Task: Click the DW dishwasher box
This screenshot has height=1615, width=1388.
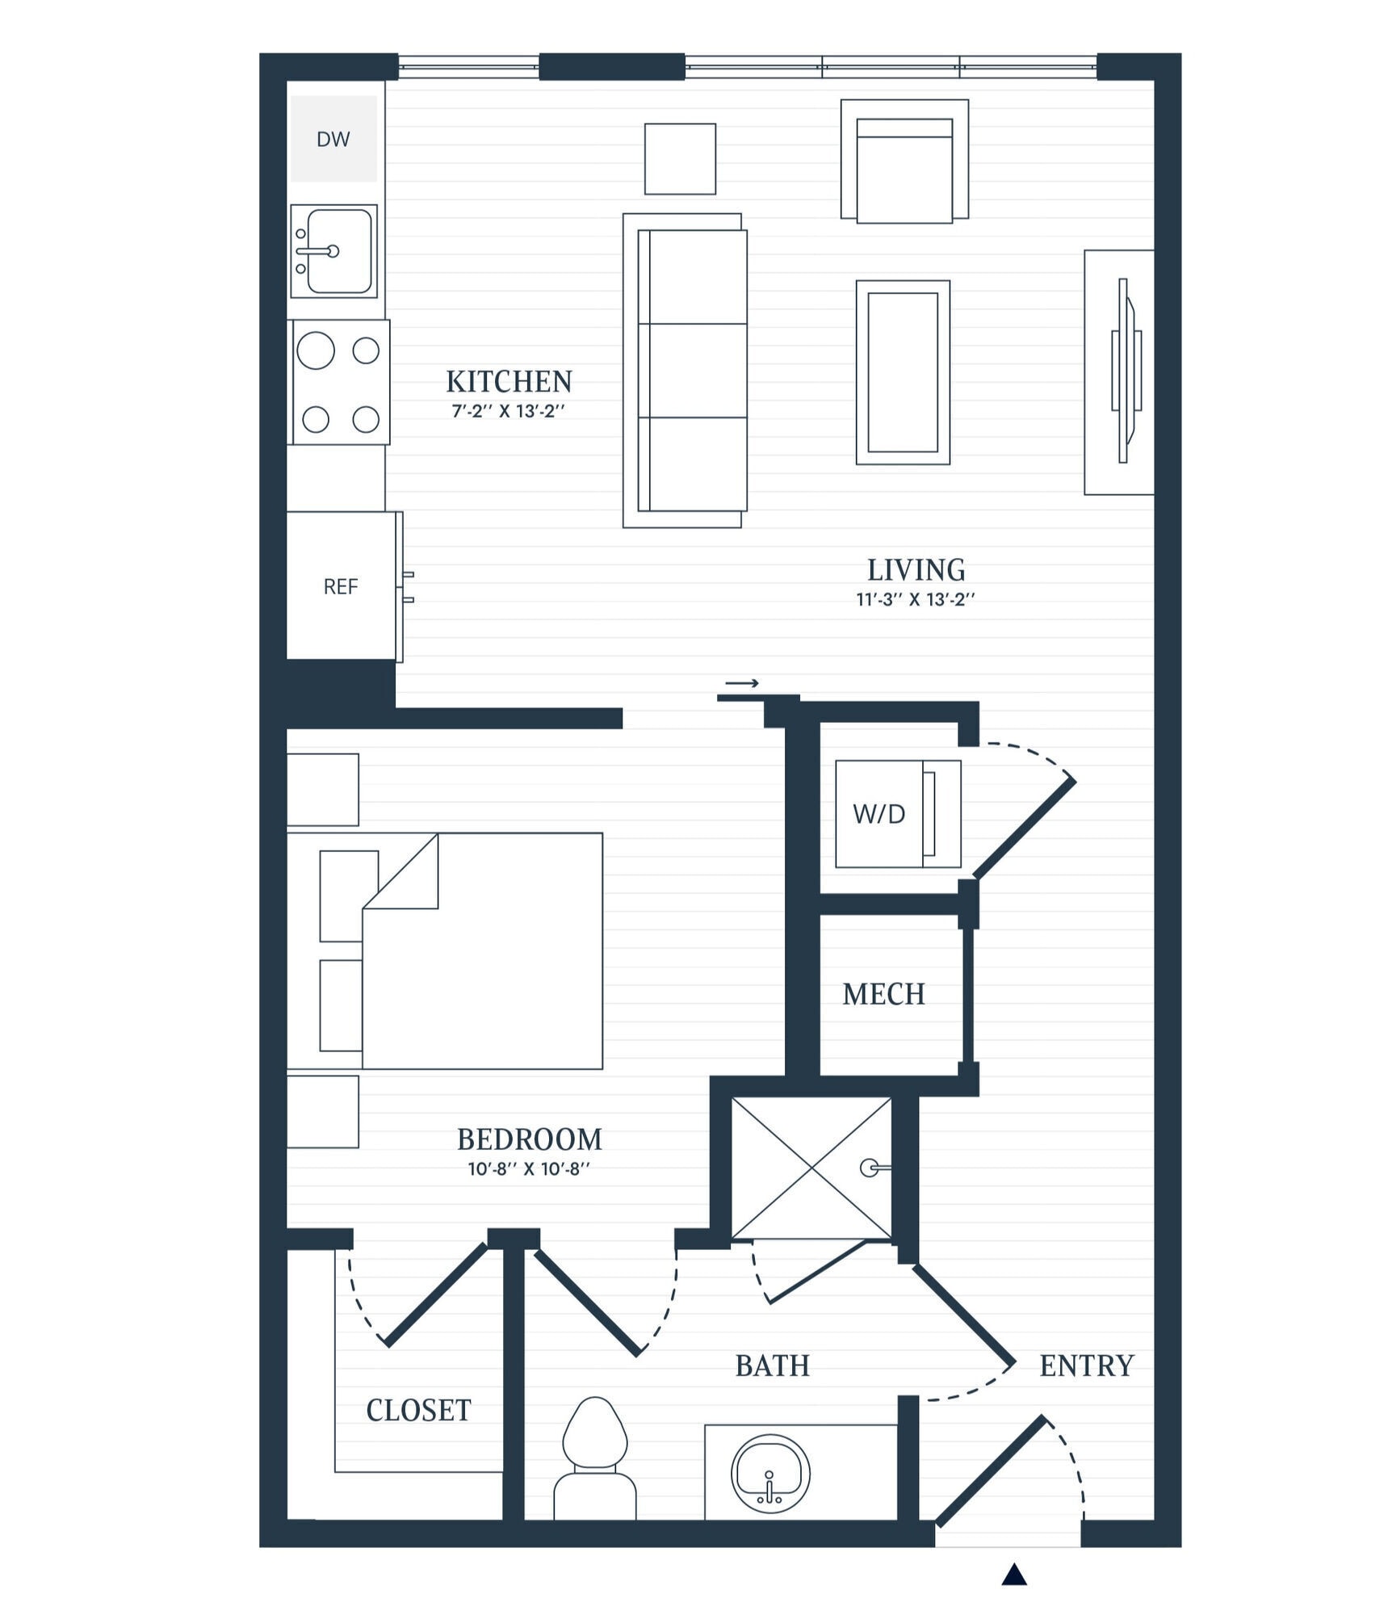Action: click(x=333, y=139)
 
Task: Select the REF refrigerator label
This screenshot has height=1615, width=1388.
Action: click(x=340, y=587)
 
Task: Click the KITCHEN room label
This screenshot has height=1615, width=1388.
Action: click(x=509, y=381)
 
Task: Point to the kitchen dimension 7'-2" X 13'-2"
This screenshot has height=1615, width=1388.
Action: click(x=508, y=411)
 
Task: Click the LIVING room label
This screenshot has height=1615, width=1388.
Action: click(x=916, y=570)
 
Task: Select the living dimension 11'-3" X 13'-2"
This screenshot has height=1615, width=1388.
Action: click(x=916, y=600)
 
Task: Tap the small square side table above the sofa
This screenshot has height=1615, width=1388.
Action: click(x=680, y=159)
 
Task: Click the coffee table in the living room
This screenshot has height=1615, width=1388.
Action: click(x=903, y=372)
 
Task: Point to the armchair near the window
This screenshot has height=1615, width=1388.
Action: click(x=904, y=166)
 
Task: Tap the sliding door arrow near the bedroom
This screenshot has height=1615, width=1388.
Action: click(x=741, y=684)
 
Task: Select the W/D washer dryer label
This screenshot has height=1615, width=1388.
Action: click(x=879, y=814)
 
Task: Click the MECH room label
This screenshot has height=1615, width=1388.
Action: click(x=883, y=994)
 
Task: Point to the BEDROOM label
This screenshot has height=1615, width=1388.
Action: click(x=529, y=1139)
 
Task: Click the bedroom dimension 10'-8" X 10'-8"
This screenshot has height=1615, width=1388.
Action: click(x=529, y=1168)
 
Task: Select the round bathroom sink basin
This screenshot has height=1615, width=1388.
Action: click(x=769, y=1474)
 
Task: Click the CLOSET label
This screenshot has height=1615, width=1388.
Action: click(x=418, y=1410)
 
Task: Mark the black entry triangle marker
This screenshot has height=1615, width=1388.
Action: click(x=1014, y=1575)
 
